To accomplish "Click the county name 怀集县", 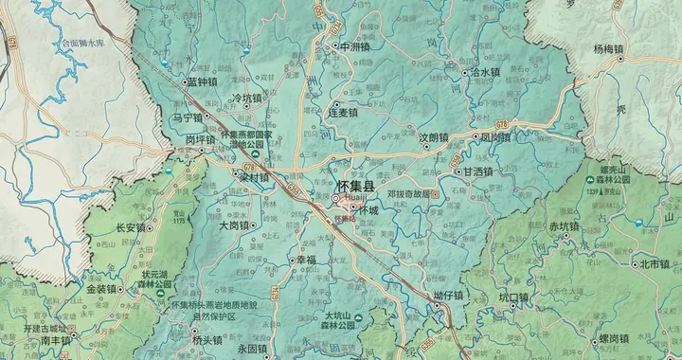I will [356, 187].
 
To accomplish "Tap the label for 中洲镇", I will [356, 45].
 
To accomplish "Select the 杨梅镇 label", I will [609, 49].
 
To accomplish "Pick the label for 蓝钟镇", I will [204, 82].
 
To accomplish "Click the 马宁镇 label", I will [188, 118].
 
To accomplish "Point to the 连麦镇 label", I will [343, 113].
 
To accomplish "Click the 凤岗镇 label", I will [497, 136].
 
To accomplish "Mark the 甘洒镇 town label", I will [478, 171].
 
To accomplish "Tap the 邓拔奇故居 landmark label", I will [408, 193].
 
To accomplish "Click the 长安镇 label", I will [131, 227].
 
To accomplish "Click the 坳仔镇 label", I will [448, 296].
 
